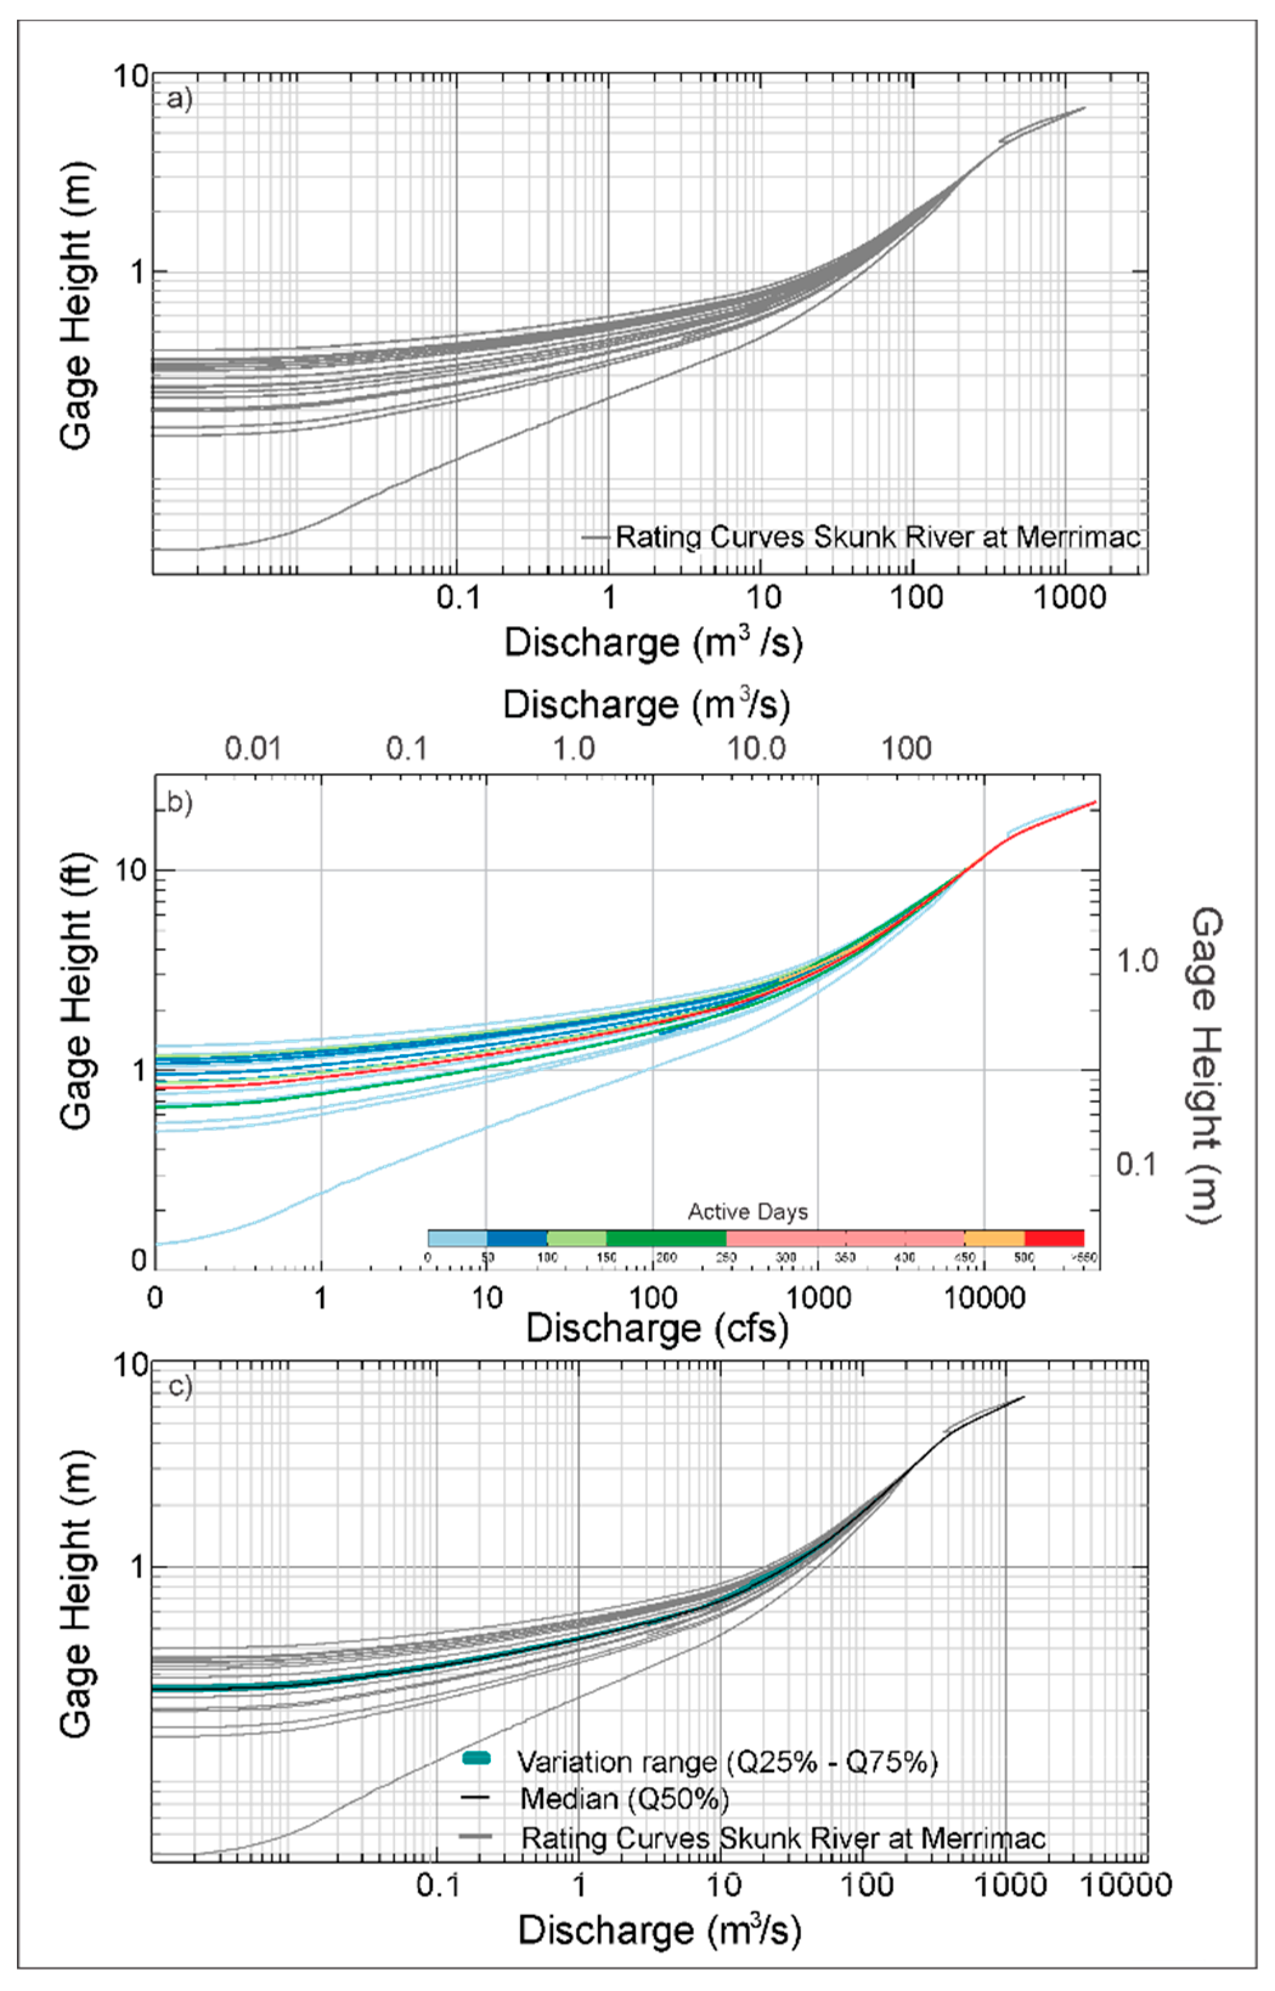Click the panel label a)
click(x=179, y=98)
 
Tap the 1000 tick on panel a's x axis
click(x=1069, y=597)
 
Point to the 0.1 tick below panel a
click(x=458, y=597)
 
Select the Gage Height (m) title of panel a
click(x=76, y=306)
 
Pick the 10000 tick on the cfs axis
click(x=985, y=1298)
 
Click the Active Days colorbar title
click(x=747, y=1212)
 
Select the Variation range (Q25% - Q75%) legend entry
click(x=727, y=1762)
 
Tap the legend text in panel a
click(x=878, y=537)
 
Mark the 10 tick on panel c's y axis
click(x=131, y=1364)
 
